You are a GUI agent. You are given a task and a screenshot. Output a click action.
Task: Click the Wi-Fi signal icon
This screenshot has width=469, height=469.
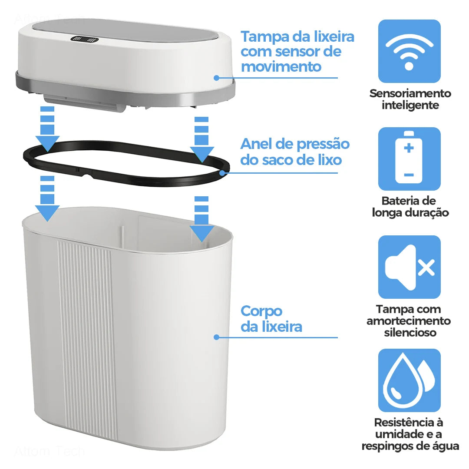(409, 51)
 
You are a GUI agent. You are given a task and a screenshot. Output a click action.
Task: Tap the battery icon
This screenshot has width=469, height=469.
(409, 159)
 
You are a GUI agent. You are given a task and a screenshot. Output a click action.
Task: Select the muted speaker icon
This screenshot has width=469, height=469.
(409, 267)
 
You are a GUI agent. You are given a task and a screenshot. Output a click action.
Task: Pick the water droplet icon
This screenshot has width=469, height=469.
(409, 380)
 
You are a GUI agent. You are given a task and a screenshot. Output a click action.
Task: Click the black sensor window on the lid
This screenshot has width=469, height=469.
(85, 40)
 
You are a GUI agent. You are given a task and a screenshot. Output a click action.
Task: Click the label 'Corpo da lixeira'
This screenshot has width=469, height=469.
(271, 319)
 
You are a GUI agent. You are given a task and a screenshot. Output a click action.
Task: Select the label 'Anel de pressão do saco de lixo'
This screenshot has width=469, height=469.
(295, 152)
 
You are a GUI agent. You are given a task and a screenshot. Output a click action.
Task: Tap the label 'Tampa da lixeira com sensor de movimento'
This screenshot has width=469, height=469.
(297, 51)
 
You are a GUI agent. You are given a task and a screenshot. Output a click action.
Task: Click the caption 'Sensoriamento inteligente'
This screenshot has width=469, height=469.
(410, 99)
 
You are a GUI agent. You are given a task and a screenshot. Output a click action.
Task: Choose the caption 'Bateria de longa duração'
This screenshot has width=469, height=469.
(410, 207)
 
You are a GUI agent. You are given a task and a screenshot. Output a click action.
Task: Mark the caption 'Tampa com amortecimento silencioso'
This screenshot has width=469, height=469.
(409, 321)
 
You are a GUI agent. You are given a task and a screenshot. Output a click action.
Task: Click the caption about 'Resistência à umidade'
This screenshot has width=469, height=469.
(410, 434)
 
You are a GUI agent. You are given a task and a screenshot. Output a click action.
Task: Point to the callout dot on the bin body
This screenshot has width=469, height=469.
(216, 337)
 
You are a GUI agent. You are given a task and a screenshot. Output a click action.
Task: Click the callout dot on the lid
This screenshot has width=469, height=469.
(216, 78)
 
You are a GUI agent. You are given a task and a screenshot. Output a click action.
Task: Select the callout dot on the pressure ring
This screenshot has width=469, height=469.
(223, 173)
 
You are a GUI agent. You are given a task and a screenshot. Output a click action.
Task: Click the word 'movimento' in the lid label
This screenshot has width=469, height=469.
(281, 67)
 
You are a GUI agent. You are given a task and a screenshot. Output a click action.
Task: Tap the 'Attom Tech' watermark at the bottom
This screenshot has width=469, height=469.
(50, 452)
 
